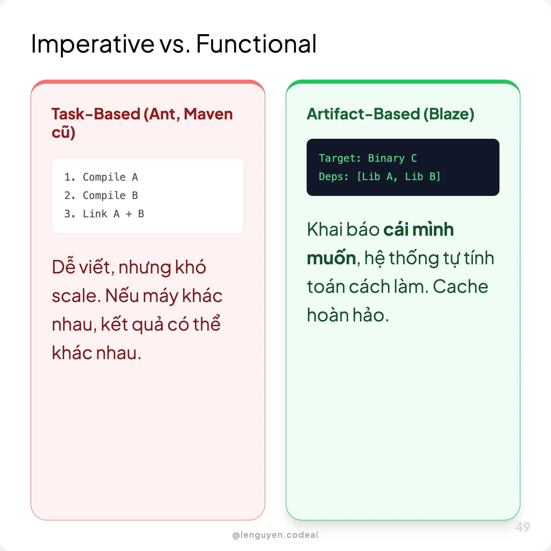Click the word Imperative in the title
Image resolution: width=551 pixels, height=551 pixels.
[x=92, y=44]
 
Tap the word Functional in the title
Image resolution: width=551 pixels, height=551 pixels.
[x=256, y=44]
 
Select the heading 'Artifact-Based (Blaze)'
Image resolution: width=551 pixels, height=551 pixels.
[x=390, y=114]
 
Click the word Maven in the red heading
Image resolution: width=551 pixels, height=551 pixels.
[x=208, y=114]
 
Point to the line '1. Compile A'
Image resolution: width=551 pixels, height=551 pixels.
[x=101, y=177]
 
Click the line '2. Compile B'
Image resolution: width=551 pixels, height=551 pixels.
[x=101, y=196]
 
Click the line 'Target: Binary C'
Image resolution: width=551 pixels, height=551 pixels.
[x=368, y=158]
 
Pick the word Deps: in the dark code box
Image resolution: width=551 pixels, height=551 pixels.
[x=333, y=177]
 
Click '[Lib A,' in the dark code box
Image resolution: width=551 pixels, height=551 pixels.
[x=377, y=177]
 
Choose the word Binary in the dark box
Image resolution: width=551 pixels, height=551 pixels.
[x=386, y=158]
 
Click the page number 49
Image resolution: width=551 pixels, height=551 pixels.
[x=522, y=527]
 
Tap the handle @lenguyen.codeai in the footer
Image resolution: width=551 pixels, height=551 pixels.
[x=275, y=535]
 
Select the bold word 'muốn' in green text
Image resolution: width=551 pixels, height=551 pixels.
[x=331, y=258]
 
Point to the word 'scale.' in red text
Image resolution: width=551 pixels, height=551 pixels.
[x=77, y=296]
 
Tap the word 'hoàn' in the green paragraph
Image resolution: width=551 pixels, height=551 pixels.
[x=327, y=315]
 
